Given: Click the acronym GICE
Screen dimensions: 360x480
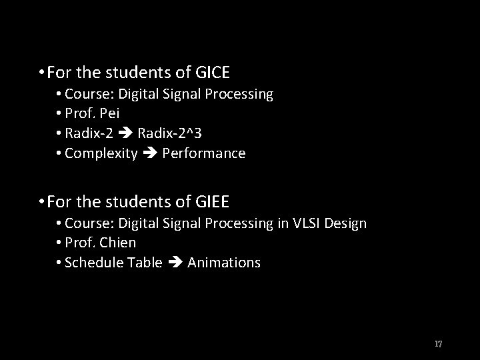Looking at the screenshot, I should (x=217, y=71).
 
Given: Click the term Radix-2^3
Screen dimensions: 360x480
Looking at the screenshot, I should (x=170, y=134).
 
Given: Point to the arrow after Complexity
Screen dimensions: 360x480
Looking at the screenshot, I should (x=149, y=154).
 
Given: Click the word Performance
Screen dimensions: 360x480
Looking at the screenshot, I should (x=204, y=154).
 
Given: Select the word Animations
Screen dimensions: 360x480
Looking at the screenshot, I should (x=224, y=263).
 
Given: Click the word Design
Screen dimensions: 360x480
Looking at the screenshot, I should (x=349, y=223).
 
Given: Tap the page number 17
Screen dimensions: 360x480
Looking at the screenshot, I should (x=438, y=344).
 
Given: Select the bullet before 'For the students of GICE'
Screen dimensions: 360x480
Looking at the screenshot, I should (x=41, y=71).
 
